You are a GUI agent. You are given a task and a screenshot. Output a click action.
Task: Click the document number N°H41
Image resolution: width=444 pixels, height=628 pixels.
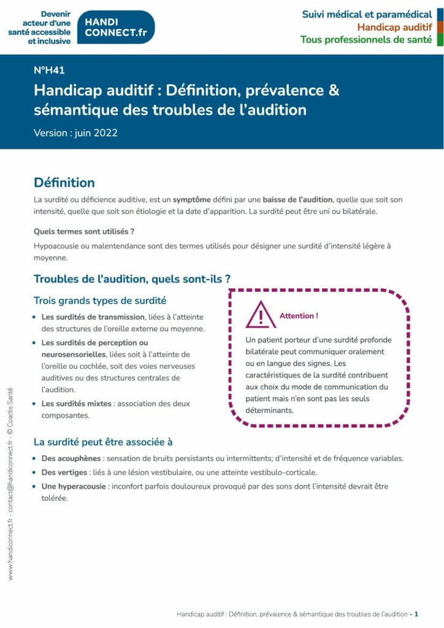(49, 70)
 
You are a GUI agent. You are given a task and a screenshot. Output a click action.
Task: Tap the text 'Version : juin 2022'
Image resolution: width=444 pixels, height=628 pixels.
(75, 132)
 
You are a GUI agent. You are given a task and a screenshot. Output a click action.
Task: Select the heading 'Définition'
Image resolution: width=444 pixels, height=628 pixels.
(64, 183)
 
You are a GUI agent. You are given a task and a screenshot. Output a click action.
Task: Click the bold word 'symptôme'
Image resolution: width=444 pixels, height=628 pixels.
(194, 200)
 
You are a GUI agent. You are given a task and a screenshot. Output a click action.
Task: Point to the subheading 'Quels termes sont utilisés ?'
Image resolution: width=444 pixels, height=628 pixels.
(84, 231)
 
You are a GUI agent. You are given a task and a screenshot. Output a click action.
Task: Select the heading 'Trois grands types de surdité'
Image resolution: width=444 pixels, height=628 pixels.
(99, 301)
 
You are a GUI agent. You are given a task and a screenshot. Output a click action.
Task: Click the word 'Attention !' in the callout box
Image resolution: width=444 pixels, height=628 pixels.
(299, 316)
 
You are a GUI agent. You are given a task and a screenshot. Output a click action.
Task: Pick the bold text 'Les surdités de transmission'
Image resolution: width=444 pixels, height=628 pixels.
(93, 316)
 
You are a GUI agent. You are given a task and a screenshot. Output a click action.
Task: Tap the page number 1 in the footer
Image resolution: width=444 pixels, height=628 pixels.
(416, 614)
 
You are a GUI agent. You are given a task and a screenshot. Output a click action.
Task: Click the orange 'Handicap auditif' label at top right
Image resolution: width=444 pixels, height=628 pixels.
(394, 27)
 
